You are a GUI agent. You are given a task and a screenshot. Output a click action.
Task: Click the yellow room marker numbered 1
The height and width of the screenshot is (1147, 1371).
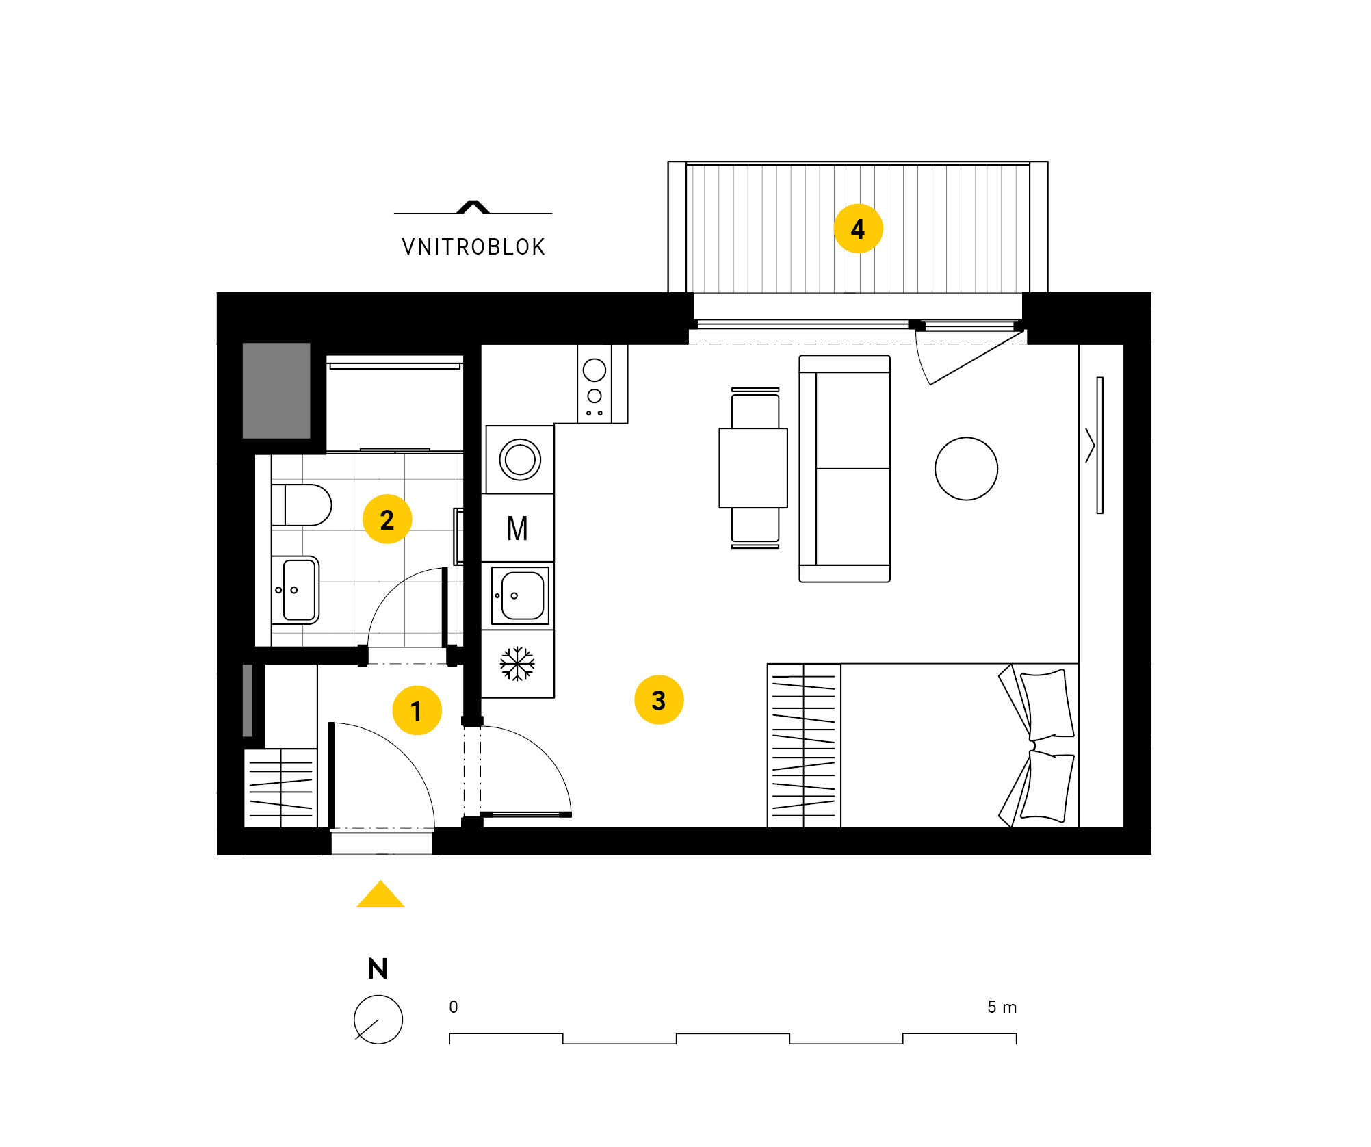tap(417, 710)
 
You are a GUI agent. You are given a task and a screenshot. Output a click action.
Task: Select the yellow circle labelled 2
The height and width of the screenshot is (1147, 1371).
tap(387, 519)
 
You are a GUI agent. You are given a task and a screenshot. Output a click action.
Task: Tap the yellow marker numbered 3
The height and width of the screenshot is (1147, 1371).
tap(659, 699)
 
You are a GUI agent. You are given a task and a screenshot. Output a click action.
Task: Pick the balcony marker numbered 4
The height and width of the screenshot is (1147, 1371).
tap(858, 229)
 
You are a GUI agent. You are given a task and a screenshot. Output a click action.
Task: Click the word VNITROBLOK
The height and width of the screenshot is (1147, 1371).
tap(473, 246)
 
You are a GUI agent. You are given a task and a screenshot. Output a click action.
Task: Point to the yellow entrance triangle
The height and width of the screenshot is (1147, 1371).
tap(380, 894)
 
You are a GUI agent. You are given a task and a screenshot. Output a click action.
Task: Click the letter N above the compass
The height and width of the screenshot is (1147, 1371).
tap(378, 968)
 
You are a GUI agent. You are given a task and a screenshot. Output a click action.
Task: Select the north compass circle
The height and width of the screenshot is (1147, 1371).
tap(378, 1019)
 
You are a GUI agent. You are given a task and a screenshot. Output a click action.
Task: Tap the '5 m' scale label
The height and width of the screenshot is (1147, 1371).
tap(1002, 1007)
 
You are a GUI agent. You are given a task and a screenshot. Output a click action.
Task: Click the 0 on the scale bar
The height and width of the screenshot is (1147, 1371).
tap(454, 1007)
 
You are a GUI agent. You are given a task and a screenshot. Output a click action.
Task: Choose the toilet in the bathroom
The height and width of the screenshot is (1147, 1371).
tap(301, 505)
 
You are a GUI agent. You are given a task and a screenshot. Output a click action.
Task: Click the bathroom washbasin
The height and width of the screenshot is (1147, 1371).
tap(296, 590)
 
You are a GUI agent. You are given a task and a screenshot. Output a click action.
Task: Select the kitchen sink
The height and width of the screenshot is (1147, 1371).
tap(520, 595)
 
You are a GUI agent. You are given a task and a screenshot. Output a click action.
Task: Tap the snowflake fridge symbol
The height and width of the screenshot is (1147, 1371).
tap(517, 664)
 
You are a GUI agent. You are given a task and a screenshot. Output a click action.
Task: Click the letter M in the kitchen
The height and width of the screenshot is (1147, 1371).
tap(517, 528)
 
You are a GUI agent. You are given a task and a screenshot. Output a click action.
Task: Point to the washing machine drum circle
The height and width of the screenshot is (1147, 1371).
tap(520, 459)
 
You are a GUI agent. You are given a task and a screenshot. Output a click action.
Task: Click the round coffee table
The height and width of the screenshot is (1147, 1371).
tap(966, 469)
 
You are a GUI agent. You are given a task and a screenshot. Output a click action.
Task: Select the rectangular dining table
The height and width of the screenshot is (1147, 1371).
tap(753, 468)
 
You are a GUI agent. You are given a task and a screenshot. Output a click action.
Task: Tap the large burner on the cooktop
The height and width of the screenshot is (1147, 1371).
tap(595, 370)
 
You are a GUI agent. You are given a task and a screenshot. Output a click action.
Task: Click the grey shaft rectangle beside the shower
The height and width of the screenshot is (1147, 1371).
tap(276, 390)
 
